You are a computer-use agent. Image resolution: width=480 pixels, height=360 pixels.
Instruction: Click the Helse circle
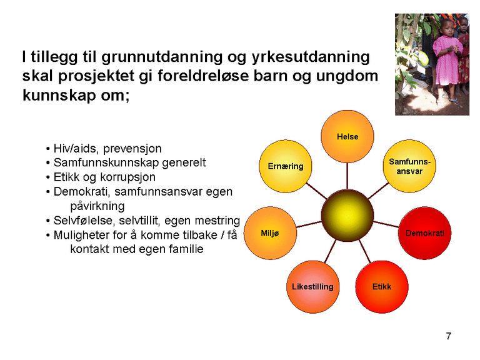[x=347, y=137]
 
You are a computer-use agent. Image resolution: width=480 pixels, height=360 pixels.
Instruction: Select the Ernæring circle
[x=285, y=166]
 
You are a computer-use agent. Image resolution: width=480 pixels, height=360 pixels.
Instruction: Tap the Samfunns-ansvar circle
[x=409, y=166]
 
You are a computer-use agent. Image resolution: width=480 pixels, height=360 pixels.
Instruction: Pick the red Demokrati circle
[x=424, y=233]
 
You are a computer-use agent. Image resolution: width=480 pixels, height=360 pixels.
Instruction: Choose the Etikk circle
[x=381, y=287]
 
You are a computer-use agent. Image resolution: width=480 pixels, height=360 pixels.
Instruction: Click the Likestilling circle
[x=312, y=287]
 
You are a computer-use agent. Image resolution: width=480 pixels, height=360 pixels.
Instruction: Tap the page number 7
[x=449, y=337]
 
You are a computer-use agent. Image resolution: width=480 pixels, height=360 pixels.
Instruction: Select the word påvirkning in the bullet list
[x=97, y=206]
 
